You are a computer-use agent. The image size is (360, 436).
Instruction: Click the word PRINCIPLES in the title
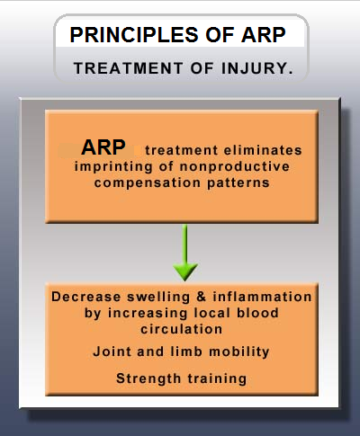pyautogui.click(x=134, y=35)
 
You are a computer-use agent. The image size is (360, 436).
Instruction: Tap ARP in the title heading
pyautogui.click(x=264, y=35)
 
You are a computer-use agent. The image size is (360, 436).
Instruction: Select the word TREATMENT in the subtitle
pyautogui.click(x=129, y=68)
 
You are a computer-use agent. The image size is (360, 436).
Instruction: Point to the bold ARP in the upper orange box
pyautogui.click(x=103, y=147)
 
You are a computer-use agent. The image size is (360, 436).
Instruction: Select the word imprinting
pyautogui.click(x=113, y=167)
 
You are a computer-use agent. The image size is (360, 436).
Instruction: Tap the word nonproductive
pyautogui.click(x=235, y=166)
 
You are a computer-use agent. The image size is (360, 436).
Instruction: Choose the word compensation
pyautogui.click(x=148, y=183)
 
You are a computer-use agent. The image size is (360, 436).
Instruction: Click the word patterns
pyautogui.click(x=238, y=182)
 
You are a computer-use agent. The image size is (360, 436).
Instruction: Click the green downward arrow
pyautogui.click(x=185, y=253)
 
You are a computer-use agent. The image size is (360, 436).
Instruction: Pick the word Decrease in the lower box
pyautogui.click(x=86, y=297)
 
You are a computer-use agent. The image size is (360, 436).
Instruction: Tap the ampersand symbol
pyautogui.click(x=202, y=297)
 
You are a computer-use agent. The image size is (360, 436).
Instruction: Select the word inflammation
pyautogui.click(x=262, y=297)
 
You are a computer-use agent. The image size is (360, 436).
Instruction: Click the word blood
pyautogui.click(x=258, y=313)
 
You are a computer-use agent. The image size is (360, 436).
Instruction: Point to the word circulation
pyautogui.click(x=182, y=329)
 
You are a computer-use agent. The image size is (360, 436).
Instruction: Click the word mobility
pyautogui.click(x=239, y=351)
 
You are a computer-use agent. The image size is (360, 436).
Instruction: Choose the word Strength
pyautogui.click(x=148, y=378)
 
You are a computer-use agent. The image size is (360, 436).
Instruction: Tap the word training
pyautogui.click(x=217, y=378)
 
